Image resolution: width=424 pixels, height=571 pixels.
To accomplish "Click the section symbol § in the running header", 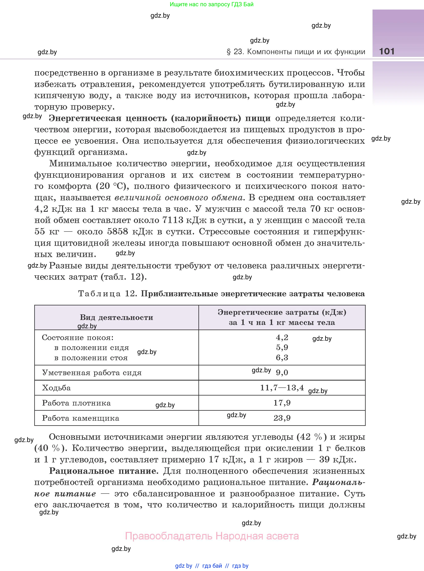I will click(x=229, y=52).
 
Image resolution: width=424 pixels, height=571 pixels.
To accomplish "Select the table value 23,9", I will click(x=282, y=418).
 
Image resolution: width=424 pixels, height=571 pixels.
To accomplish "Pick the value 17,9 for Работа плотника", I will click(x=282, y=403).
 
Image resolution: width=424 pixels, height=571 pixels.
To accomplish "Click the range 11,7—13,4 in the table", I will click(x=282, y=388).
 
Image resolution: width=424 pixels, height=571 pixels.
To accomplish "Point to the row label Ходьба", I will click(x=56, y=388).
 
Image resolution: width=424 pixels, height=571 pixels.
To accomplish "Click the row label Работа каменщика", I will click(x=81, y=418).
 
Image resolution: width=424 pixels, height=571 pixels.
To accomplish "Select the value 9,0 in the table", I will click(x=282, y=372).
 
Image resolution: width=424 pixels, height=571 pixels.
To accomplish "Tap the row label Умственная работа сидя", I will click(x=92, y=373).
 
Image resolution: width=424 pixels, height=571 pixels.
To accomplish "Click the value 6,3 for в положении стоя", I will click(x=282, y=358).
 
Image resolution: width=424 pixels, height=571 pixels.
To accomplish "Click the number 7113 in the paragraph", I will click(x=173, y=220).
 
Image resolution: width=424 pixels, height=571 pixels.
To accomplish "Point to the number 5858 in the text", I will click(x=117, y=232).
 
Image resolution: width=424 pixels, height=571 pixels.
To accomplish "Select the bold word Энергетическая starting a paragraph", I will click(x=85, y=118).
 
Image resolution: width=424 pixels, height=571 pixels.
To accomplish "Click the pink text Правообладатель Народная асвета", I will click(x=212, y=536).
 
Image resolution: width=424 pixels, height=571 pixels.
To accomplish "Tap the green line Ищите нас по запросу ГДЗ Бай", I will click(x=211, y=4).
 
